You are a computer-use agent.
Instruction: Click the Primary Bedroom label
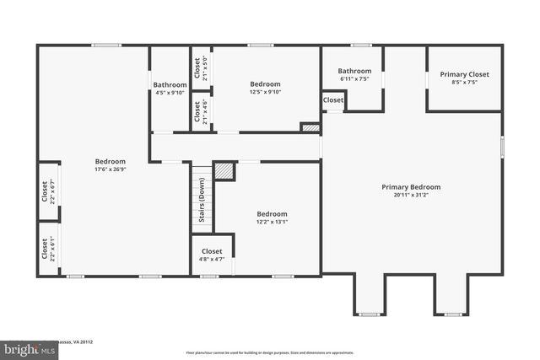pyautogui.click(x=411, y=187)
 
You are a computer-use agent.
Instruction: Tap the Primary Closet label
pyautogui.click(x=464, y=74)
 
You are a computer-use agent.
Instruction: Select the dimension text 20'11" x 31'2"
pyautogui.click(x=411, y=196)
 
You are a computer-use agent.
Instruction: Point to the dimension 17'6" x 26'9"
pyautogui.click(x=110, y=169)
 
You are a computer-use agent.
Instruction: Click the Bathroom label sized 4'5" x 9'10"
pyautogui.click(x=170, y=84)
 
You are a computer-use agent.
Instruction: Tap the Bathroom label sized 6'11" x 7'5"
pyautogui.click(x=354, y=71)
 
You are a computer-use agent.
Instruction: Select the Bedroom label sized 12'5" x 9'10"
pyautogui.click(x=265, y=83)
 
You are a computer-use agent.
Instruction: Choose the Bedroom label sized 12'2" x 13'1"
pyautogui.click(x=272, y=214)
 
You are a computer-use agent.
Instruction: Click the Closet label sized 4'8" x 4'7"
pyautogui.click(x=212, y=251)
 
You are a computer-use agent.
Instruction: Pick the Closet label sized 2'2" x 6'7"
pyautogui.click(x=45, y=193)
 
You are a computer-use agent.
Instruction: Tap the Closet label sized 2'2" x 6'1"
pyautogui.click(x=45, y=248)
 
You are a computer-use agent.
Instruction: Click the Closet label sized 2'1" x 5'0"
pyautogui.click(x=197, y=66)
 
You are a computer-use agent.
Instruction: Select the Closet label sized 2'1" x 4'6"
pyautogui.click(x=197, y=111)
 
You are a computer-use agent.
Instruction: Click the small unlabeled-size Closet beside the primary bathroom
pyautogui.click(x=333, y=100)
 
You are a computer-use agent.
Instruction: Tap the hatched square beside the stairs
pyautogui.click(x=224, y=170)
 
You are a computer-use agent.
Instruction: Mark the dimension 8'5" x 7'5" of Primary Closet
pyautogui.click(x=464, y=83)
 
